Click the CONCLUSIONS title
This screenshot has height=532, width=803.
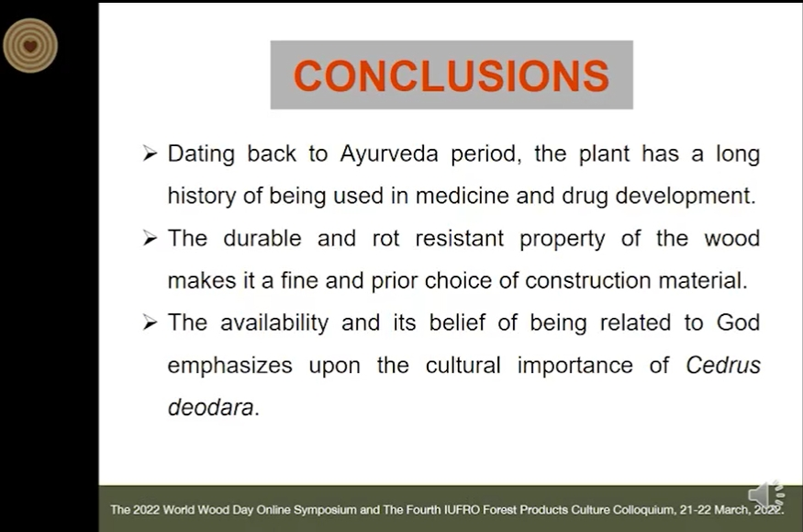(452, 75)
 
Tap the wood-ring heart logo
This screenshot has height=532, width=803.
(30, 46)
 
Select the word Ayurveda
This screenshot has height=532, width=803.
(389, 153)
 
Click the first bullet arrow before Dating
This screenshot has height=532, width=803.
(150, 153)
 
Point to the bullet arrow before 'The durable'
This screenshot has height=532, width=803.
(150, 238)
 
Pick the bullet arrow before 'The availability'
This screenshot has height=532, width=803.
(150, 323)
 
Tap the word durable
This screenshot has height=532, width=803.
(262, 238)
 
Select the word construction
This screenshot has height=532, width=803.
(588, 280)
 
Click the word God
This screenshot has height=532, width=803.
(738, 323)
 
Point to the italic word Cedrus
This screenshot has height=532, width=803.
(723, 366)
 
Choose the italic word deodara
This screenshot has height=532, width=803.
(210, 407)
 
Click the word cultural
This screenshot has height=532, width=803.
(463, 366)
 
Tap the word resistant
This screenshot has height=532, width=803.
(460, 238)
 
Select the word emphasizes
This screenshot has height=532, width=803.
(230, 366)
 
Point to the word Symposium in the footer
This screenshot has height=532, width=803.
(325, 510)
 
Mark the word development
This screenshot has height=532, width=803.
(686, 196)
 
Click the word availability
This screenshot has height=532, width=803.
(274, 323)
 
